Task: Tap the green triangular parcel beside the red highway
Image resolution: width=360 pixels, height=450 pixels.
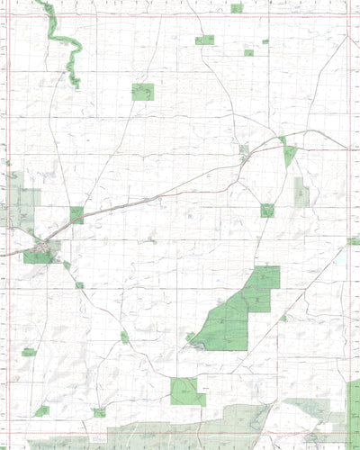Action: tap(288, 154)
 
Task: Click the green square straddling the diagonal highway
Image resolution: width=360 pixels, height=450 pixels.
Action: tap(76, 215)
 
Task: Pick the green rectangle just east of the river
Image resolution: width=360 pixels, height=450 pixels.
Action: tap(142, 91)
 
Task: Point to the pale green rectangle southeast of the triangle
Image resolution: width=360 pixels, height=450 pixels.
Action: tap(301, 191)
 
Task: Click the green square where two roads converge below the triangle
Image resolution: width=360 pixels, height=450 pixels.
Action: tap(267, 210)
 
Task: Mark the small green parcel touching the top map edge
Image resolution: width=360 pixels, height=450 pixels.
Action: tap(236, 8)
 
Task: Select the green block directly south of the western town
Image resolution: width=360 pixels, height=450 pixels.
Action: tap(38, 256)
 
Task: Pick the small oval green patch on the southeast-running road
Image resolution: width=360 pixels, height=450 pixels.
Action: tap(124, 337)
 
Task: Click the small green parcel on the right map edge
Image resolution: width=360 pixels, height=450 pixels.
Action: tap(354, 241)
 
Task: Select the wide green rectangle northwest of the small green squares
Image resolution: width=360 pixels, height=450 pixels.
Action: tap(204, 40)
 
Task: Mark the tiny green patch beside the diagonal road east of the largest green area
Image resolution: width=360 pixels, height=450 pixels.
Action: tap(283, 318)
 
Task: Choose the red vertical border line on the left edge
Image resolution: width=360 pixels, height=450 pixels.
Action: tap(7, 225)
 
